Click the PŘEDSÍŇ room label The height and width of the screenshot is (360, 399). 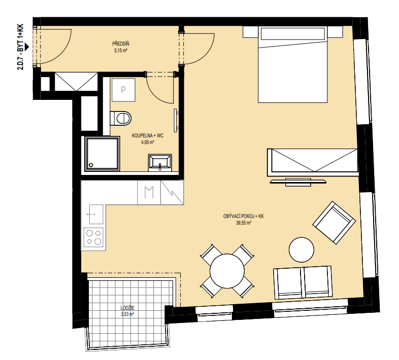click(x=121, y=44)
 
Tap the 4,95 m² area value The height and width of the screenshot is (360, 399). click(x=148, y=142)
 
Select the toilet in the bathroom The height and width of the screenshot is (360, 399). click(x=121, y=118)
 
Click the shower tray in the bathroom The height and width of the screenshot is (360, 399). click(x=103, y=154)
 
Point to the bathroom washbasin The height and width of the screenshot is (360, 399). click(x=160, y=162)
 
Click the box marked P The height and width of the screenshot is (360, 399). click(x=123, y=90)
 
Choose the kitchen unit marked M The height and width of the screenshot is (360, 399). click(x=149, y=193)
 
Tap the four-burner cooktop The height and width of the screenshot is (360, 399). click(x=93, y=237)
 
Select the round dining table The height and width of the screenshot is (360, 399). click(x=227, y=271)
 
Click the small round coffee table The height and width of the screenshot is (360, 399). click(x=302, y=249)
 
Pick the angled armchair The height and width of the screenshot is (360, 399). click(x=334, y=223)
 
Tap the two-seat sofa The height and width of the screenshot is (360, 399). click(x=303, y=282)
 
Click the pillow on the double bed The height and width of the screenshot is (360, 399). click(x=292, y=33)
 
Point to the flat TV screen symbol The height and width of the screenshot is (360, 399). click(x=298, y=182)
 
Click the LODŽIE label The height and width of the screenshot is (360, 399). click(x=127, y=308)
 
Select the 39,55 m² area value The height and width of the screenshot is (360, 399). click(x=244, y=223)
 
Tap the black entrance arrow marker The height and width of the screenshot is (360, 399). click(x=27, y=47)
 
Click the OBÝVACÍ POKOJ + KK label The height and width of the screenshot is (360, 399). click(x=244, y=217)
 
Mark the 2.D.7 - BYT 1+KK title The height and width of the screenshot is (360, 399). click(x=20, y=47)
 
